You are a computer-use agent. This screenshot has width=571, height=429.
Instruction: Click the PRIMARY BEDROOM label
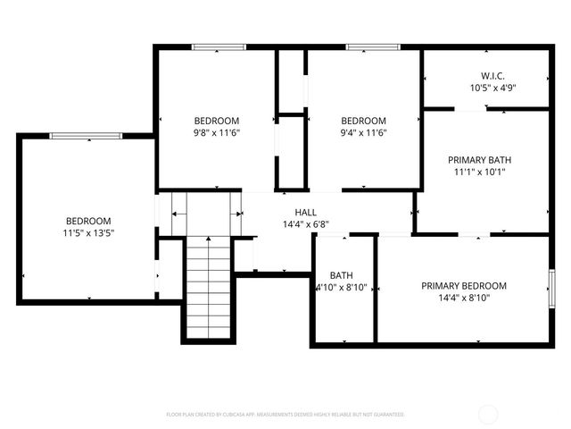point(464,286)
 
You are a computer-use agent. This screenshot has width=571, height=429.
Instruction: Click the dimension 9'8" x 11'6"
point(217,133)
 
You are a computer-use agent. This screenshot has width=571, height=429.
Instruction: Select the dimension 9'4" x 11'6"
point(363,133)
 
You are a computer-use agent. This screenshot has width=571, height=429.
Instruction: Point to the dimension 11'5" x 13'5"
point(88,233)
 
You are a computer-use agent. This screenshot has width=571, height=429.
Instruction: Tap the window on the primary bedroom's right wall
point(552,287)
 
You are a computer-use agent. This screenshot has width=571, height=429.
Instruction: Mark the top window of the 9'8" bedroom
point(219,47)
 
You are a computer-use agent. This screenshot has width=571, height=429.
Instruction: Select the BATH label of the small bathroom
point(341,275)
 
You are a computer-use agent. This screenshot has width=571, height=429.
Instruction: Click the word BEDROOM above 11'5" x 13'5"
point(88,221)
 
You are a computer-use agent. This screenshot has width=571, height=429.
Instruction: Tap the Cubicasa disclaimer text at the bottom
point(285,415)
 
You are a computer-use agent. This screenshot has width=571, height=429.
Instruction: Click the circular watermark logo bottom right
point(488,414)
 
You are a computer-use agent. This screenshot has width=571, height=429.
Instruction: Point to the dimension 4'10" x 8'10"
point(341,288)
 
